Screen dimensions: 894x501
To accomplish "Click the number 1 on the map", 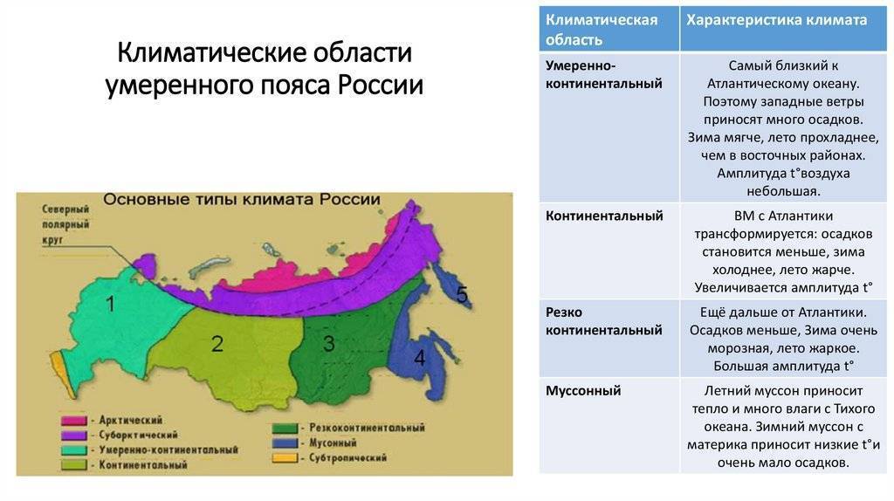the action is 111,304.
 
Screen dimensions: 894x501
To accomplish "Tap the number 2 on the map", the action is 217,344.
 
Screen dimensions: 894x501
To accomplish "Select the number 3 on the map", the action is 329,343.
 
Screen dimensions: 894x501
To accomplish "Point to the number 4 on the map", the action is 420,358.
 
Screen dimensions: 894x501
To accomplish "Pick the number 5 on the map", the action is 463,295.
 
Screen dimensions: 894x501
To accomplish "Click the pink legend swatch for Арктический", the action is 74,421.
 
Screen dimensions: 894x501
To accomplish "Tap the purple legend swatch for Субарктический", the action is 74,436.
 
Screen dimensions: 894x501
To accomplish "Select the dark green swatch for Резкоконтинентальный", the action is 285,428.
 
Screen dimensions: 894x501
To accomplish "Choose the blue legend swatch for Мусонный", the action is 285,443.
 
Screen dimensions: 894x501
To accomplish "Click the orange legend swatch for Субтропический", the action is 285,457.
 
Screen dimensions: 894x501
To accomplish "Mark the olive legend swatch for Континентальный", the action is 74,465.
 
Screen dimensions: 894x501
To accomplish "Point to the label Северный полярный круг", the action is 65,224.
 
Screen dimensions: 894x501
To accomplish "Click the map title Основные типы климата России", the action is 242,200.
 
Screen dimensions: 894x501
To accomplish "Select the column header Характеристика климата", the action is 776,20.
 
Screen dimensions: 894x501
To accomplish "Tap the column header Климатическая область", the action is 602,30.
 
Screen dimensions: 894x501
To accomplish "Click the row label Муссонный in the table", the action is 583,391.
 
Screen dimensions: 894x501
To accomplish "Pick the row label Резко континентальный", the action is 604,321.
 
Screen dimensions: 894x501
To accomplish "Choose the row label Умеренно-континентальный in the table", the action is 604,75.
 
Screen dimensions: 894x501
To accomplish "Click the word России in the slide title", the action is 381,86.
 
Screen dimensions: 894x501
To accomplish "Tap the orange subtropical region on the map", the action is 63,374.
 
